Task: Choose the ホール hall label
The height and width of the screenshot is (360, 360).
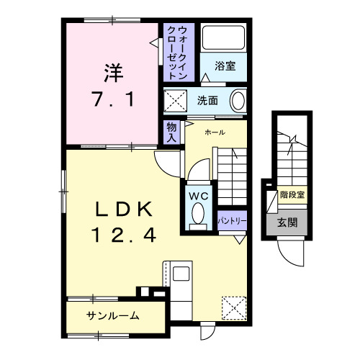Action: (215, 132)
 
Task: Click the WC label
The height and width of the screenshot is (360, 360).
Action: (199, 194)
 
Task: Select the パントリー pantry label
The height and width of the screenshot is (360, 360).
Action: (232, 220)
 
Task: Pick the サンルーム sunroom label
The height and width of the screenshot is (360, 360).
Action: (113, 316)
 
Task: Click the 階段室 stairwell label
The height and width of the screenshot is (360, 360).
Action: (292, 194)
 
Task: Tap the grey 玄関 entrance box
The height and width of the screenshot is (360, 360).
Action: (287, 222)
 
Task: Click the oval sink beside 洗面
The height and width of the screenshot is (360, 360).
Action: (238, 101)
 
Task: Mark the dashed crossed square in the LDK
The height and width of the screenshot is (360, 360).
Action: (233, 308)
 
